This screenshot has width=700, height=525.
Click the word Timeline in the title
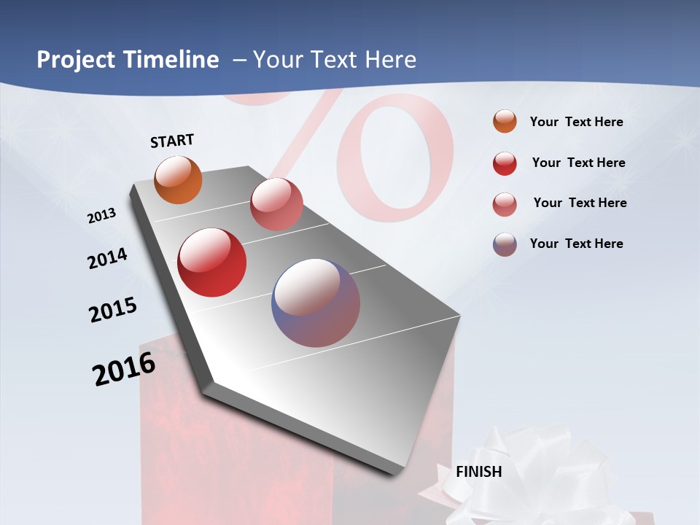click(x=174, y=60)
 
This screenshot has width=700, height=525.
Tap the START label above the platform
click(x=172, y=141)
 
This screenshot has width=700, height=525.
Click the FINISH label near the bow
click(x=479, y=472)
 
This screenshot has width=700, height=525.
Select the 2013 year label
click(x=101, y=216)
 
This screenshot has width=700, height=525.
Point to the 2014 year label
click(x=107, y=258)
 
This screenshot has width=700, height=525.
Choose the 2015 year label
click(x=113, y=310)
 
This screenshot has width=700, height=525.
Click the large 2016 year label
click(x=124, y=369)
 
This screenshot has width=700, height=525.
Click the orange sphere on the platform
click(x=179, y=180)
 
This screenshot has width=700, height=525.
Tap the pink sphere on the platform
click(x=276, y=204)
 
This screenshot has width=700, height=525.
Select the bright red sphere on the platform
click(x=212, y=262)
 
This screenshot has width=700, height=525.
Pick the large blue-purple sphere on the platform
click(x=316, y=303)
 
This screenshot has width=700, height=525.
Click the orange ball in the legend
click(x=505, y=121)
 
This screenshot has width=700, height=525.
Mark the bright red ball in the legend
click(x=505, y=163)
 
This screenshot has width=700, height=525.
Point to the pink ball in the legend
click(x=505, y=204)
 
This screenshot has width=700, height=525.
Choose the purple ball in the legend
click(x=505, y=244)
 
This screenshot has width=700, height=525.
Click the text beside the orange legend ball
click(x=576, y=122)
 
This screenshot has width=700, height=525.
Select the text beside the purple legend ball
click(x=576, y=244)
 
